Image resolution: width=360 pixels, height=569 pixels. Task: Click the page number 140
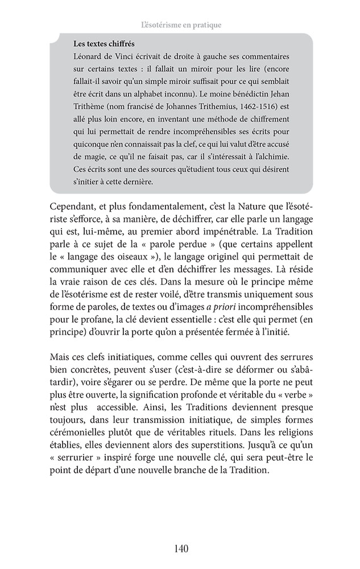[x=180, y=549]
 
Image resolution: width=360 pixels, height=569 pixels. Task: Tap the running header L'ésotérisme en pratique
[x=180, y=25]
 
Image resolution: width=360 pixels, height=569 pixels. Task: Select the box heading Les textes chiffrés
[x=104, y=44]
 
